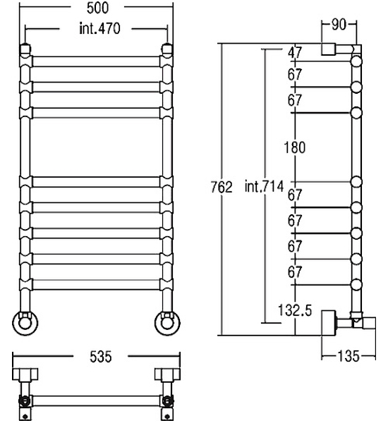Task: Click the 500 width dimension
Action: coord(98,8)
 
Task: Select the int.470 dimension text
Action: coord(99,28)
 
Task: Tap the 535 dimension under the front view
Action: coord(100,356)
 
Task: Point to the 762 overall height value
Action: coord(222,187)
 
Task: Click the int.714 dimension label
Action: coord(264,186)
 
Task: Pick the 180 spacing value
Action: coord(295,147)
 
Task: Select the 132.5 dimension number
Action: coord(295,310)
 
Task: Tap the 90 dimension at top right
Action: coord(339,25)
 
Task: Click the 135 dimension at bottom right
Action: coord(348,356)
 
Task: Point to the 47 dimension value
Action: coord(295,53)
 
